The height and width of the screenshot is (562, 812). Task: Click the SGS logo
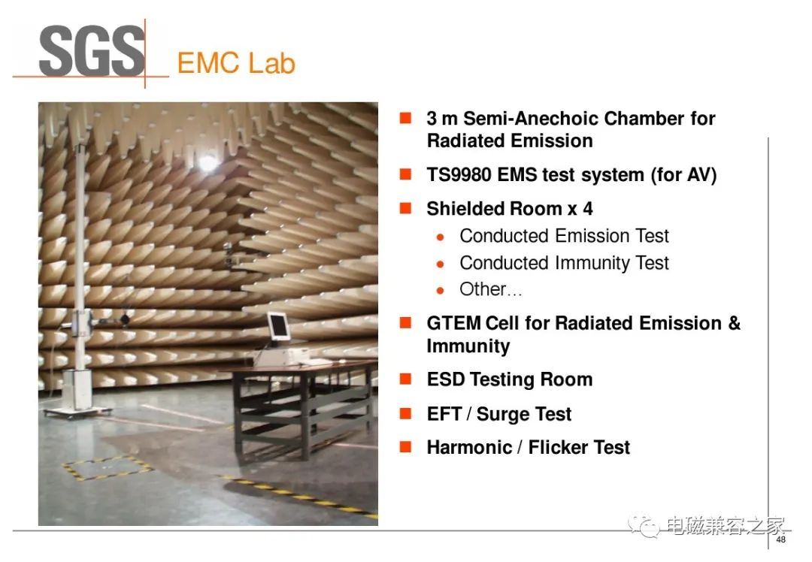point(92,50)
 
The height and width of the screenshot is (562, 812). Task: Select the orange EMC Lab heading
point(236,63)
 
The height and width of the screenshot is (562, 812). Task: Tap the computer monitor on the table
point(278,327)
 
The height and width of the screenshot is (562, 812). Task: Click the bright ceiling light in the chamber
point(208,163)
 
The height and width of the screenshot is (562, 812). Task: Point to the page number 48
point(781,539)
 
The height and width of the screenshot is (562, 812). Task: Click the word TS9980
point(459,175)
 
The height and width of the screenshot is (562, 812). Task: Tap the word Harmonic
point(469,447)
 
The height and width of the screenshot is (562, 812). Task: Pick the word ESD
point(446,379)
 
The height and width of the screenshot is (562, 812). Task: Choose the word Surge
point(503,414)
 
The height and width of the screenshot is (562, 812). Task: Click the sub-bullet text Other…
point(490,289)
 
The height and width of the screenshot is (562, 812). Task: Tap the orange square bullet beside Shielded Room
point(405,208)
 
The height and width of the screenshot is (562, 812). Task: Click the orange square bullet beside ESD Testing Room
point(405,379)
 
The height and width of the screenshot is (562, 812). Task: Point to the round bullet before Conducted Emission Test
point(440,237)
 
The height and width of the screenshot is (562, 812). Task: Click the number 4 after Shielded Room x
point(588,209)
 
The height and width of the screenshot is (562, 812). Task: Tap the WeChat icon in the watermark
point(644,526)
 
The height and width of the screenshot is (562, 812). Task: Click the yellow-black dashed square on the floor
point(108,468)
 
